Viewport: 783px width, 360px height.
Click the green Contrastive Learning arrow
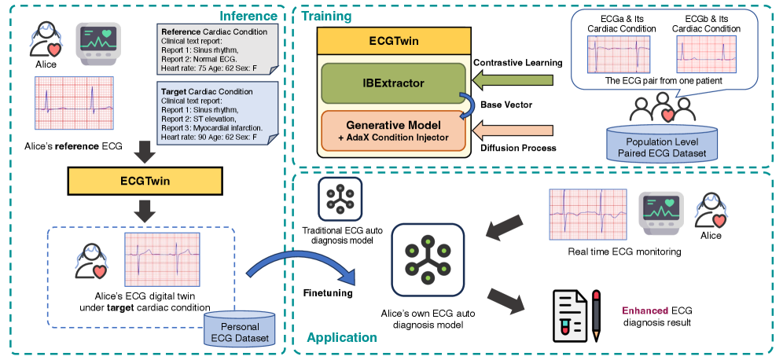(x=506, y=81)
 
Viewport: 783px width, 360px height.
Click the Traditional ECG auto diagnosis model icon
(x=340, y=200)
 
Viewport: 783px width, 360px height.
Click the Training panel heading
(x=326, y=16)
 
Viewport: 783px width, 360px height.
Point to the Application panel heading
(x=341, y=338)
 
